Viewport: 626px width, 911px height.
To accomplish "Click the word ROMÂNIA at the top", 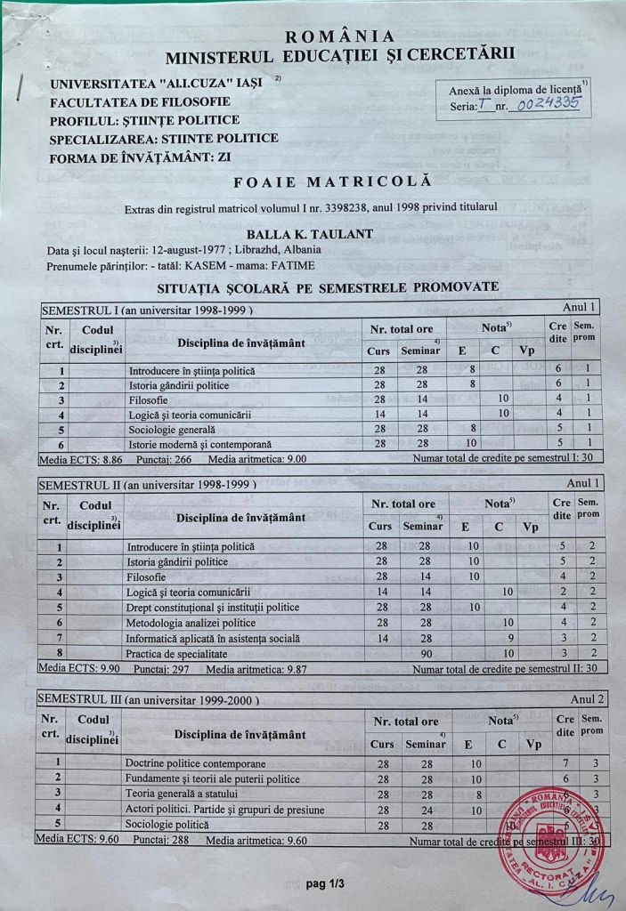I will (338, 36).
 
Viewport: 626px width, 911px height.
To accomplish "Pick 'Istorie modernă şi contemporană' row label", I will (200, 443).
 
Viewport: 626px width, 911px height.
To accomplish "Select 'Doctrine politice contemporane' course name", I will (195, 763).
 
